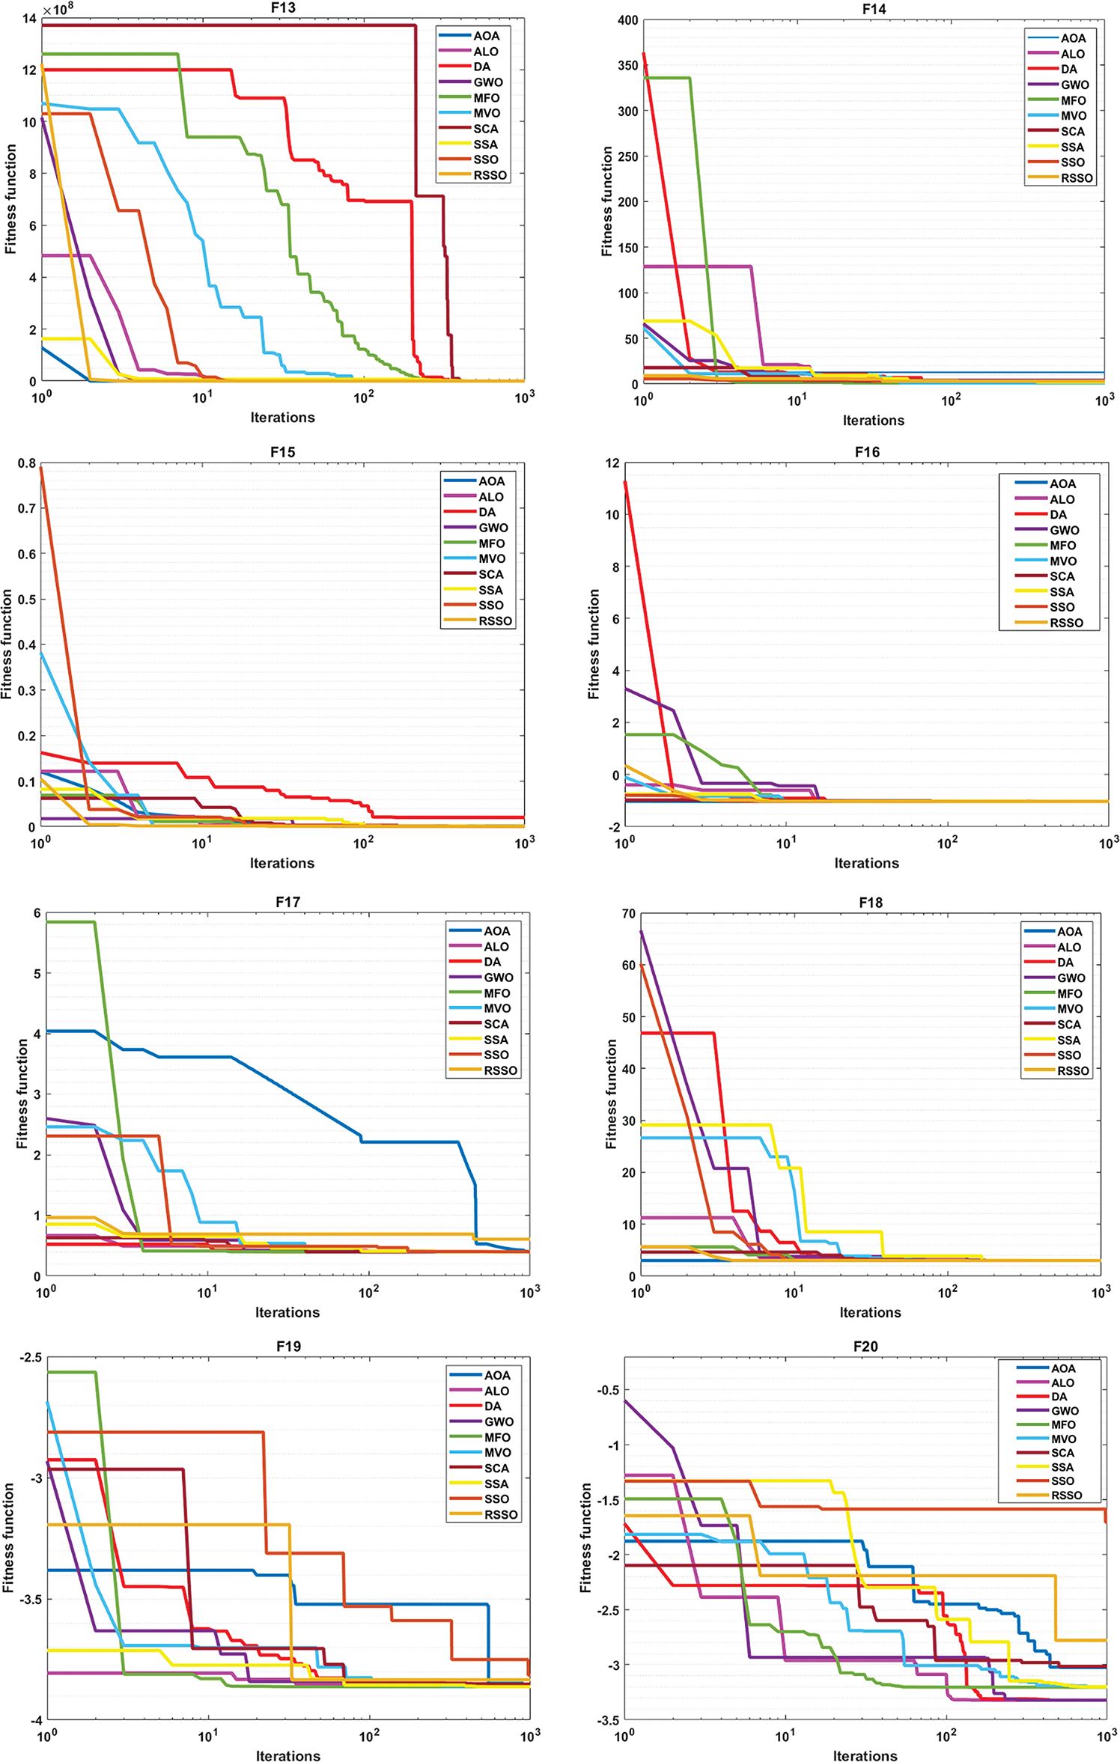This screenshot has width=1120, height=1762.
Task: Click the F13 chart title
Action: click(283, 7)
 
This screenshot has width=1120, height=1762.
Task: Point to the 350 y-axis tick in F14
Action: click(627, 65)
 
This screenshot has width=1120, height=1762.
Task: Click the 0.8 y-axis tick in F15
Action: click(27, 463)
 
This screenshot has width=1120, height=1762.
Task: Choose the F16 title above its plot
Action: click(867, 452)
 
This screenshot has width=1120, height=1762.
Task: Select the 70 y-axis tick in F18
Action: click(628, 914)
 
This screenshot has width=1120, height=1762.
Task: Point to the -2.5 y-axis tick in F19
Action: click(30, 1358)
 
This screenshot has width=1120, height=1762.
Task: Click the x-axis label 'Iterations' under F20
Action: click(865, 1755)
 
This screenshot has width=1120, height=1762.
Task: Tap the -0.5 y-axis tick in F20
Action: click(607, 1390)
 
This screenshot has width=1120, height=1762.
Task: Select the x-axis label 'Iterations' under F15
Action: click(282, 863)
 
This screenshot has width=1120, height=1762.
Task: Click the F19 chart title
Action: click(288, 1346)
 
